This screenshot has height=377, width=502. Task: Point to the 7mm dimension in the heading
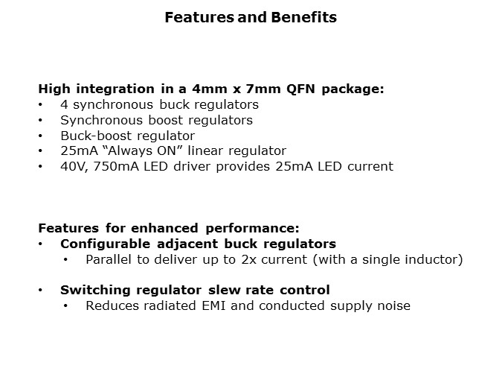(x=263, y=89)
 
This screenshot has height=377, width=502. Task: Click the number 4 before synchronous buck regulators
(x=64, y=104)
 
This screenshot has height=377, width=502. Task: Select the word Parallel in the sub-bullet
(x=109, y=259)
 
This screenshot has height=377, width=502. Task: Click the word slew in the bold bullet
(x=222, y=290)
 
